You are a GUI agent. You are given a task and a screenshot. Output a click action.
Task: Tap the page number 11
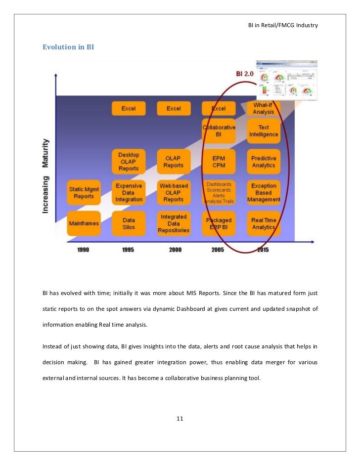point(180,419)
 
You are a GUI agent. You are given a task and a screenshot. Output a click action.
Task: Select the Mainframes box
point(84,223)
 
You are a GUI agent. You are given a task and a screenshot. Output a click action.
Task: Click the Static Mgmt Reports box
point(84,192)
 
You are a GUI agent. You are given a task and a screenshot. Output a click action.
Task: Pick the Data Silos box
point(129,223)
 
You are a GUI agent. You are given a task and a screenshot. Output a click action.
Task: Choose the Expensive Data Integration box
point(129,192)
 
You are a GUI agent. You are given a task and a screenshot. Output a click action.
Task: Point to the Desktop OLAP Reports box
point(129,162)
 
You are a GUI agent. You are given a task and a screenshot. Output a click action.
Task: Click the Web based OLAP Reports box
point(173,192)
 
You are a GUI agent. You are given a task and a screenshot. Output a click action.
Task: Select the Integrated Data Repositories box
point(173,223)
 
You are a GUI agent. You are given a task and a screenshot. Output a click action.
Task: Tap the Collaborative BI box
point(219,130)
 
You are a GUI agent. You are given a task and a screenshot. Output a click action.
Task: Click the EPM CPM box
point(219,162)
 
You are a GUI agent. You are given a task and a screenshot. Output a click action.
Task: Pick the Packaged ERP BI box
point(219,223)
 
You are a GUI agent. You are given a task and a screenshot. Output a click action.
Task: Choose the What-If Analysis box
point(264,108)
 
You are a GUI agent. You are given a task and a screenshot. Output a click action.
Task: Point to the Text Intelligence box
point(264,130)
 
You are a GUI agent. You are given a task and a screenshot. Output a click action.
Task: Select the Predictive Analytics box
point(264,162)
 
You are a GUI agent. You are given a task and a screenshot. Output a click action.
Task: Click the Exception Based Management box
point(264,192)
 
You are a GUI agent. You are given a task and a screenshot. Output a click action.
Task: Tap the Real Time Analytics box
point(264,223)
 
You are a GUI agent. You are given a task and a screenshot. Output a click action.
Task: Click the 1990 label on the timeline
point(83,250)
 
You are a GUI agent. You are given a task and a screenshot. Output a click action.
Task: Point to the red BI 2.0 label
point(245,74)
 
